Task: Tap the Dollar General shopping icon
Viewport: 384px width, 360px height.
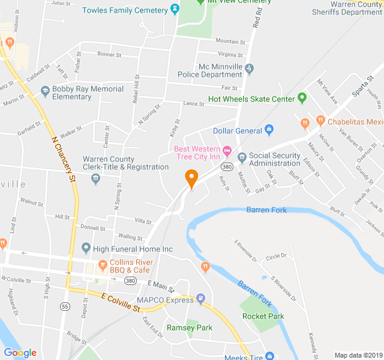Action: pyautogui.click(x=269, y=130)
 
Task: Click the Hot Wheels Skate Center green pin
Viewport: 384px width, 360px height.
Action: pyautogui.click(x=302, y=98)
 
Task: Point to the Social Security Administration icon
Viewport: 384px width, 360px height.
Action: pyautogui.click(x=242, y=158)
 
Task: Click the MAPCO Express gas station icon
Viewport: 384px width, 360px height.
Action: pyautogui.click(x=201, y=299)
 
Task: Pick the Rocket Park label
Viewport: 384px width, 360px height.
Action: pyautogui.click(x=263, y=316)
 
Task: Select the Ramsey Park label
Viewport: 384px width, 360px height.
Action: pyautogui.click(x=190, y=328)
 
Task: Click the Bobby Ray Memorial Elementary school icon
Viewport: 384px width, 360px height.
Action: pyautogui.click(x=44, y=91)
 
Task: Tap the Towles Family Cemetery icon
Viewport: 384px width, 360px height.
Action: pyautogui.click(x=175, y=10)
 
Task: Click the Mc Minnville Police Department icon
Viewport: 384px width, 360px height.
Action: pyautogui.click(x=250, y=70)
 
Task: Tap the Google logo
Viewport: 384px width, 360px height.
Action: pyautogui.click(x=20, y=353)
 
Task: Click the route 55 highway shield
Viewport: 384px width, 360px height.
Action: pyautogui.click(x=64, y=307)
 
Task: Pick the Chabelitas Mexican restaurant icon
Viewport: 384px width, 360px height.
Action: pyautogui.click(x=305, y=122)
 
